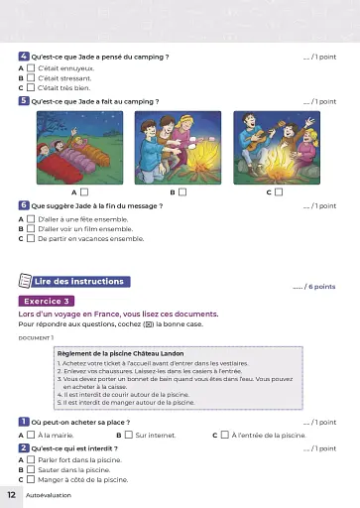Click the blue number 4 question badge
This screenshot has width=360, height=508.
24,57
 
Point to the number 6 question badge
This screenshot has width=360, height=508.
24,205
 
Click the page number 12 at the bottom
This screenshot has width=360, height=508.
11,493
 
